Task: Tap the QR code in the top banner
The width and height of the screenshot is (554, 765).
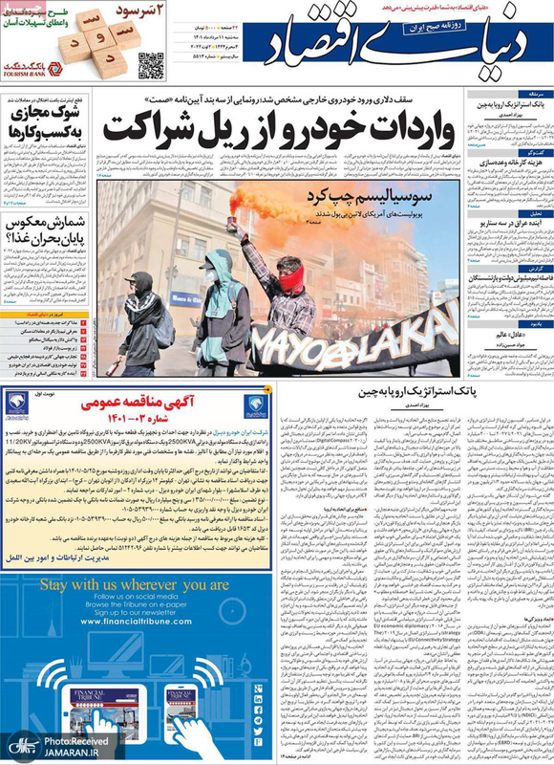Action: click(151, 65)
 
